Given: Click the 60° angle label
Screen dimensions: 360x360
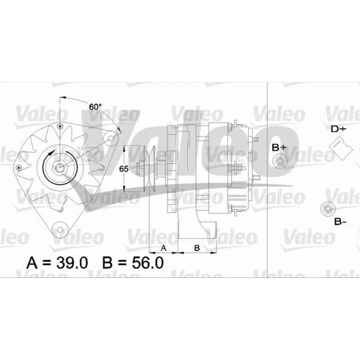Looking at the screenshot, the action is [95, 107].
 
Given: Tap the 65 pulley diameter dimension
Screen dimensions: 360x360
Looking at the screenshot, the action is [123, 169].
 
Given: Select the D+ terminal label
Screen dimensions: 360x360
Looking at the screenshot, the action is [338, 129].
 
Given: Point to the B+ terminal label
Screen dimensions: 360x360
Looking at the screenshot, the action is [279, 148].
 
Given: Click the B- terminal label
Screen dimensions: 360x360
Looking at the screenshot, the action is [340, 222].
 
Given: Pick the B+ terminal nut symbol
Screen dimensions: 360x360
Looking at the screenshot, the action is [280, 161].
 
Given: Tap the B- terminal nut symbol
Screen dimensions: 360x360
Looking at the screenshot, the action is [328, 209].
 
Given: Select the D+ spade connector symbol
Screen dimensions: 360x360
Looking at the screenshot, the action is [340, 148].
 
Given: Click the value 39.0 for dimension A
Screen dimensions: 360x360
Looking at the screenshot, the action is [72, 263].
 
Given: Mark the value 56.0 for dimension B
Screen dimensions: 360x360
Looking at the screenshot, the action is [148, 263].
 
